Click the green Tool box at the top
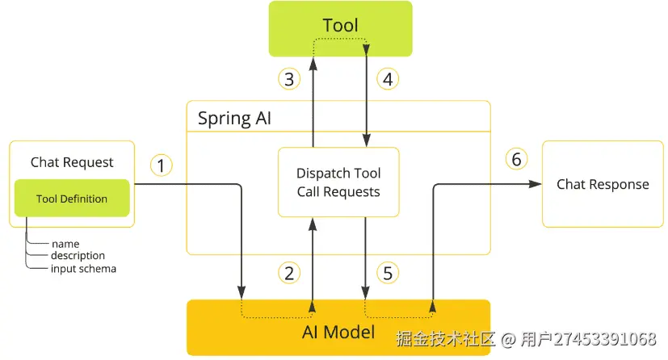click(x=340, y=28)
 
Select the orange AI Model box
click(x=338, y=328)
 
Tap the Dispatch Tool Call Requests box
click(x=338, y=182)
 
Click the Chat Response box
click(x=603, y=184)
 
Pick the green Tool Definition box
click(x=72, y=199)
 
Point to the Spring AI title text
click(x=235, y=119)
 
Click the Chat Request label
click(x=72, y=162)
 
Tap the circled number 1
click(x=162, y=165)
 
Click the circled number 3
click(x=289, y=79)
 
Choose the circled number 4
click(x=389, y=79)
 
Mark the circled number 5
click(x=389, y=273)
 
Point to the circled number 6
click(x=517, y=159)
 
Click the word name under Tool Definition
click(x=65, y=243)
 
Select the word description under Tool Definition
click(x=78, y=256)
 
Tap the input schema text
click(x=83, y=269)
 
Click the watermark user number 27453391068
click(x=599, y=338)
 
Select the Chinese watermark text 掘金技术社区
click(x=444, y=338)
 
